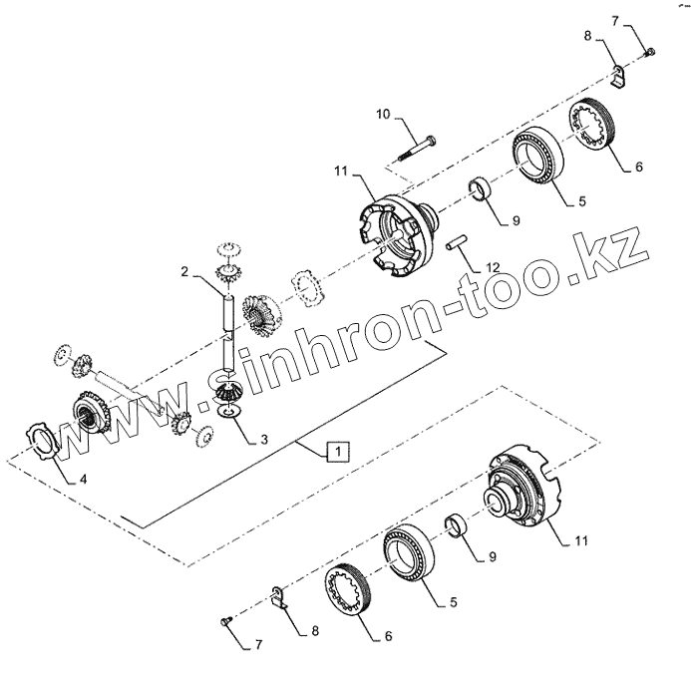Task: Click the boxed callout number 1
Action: tap(340, 451)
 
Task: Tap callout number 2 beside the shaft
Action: tap(183, 270)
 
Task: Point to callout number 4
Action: tap(83, 479)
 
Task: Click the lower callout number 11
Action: tap(581, 540)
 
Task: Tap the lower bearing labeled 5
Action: tap(410, 551)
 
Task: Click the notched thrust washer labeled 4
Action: tap(44, 440)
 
